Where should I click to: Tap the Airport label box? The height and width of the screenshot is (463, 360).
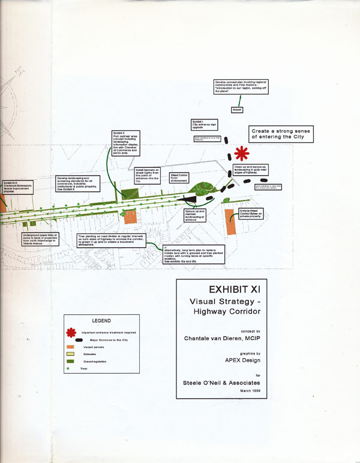point(238,110)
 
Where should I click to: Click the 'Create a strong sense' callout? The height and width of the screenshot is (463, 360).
point(281,133)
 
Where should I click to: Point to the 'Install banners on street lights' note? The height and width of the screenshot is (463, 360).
point(147,175)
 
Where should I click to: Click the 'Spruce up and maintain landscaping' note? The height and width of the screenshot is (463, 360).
point(196,215)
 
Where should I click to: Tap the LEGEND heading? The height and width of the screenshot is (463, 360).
point(102,321)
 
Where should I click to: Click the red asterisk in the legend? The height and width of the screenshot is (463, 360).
point(71,332)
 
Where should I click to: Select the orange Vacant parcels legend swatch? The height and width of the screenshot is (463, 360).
point(71,346)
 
